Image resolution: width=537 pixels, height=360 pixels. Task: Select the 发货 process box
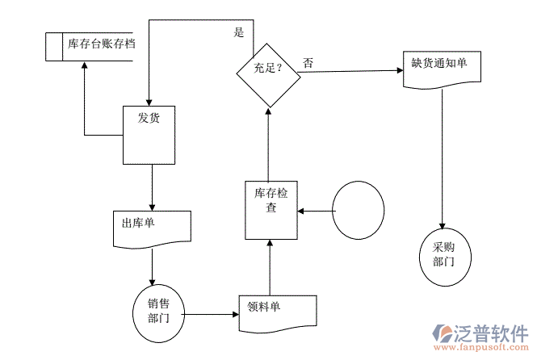point(149,134)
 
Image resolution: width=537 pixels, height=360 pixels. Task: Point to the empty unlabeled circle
point(358,210)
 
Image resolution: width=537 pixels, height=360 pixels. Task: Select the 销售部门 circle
point(158,311)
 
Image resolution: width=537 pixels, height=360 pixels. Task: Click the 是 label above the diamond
point(238,33)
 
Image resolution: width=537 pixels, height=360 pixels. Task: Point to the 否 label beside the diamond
point(309,62)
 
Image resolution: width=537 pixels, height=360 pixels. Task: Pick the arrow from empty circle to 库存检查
point(316,211)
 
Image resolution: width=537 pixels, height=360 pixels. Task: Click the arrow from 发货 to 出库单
point(151,186)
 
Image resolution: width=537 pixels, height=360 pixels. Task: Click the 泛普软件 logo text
point(493,333)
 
